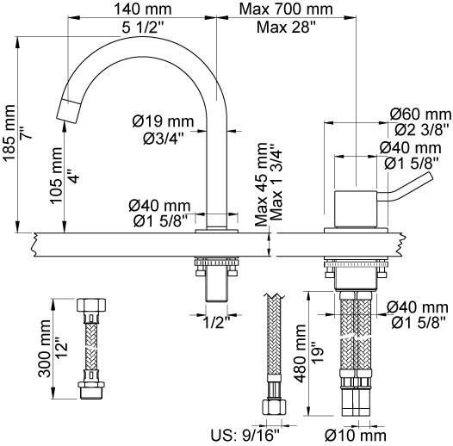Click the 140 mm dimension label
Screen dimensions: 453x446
[143, 9]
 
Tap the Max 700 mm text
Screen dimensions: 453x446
[286, 9]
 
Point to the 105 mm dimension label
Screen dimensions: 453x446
[56, 176]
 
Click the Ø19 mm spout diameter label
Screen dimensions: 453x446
[164, 121]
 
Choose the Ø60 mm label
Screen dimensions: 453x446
[420, 115]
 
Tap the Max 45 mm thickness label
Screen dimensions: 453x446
[262, 184]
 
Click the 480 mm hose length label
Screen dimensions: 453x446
[300, 353]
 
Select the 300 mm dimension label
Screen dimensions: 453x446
[45, 349]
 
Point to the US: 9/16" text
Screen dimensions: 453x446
[245, 435]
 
